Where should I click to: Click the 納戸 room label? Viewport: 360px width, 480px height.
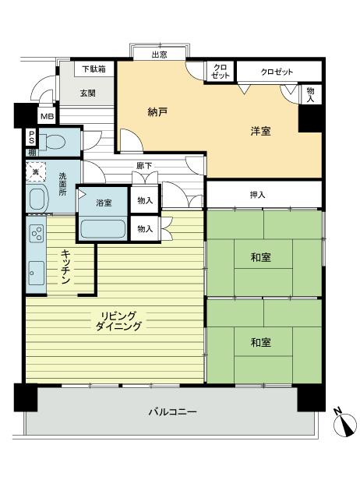tap(157, 112)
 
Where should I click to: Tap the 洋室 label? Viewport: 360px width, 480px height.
tap(260, 131)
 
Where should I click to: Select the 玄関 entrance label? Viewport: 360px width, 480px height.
tap(87, 94)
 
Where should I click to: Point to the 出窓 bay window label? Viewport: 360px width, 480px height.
tap(159, 54)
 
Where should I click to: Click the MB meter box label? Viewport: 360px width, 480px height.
tap(47, 117)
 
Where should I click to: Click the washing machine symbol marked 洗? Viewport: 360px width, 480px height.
tap(34, 171)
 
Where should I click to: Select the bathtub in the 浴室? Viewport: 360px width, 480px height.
tap(104, 231)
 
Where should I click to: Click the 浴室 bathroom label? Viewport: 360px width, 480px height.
tap(104, 203)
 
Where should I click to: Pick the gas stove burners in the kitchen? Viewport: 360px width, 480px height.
tap(37, 232)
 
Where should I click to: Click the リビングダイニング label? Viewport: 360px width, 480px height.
tap(120, 321)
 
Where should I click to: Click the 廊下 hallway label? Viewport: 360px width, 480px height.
tap(144, 165)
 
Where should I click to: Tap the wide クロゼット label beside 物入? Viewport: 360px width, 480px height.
tap(277, 72)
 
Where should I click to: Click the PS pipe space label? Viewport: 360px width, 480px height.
tap(32, 137)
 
